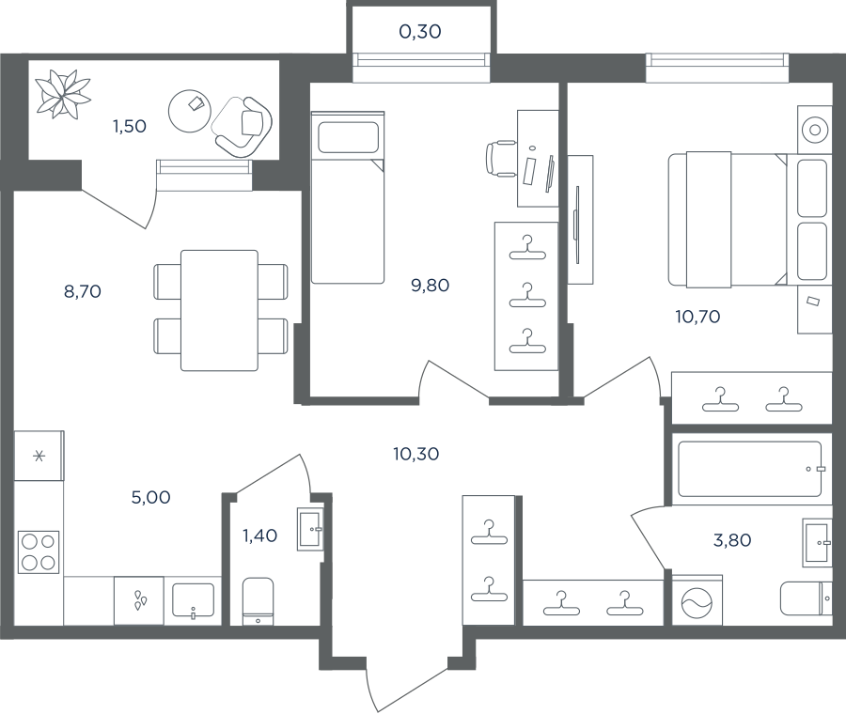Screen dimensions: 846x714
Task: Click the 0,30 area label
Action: point(420,32)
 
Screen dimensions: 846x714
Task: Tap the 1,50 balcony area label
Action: point(130,126)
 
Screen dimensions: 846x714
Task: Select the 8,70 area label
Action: point(83,292)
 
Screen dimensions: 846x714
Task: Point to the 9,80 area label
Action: point(430,286)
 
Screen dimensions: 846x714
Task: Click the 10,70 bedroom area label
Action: point(697,317)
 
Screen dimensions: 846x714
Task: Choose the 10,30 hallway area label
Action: point(416,454)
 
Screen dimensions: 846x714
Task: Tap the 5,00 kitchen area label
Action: point(151,497)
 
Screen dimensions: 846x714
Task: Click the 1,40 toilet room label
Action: point(260,535)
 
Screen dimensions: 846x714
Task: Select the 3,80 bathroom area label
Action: point(732,540)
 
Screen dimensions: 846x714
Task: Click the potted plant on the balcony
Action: point(63,94)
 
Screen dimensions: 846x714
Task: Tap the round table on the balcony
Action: point(189,111)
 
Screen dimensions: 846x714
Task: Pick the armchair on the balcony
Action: point(243,126)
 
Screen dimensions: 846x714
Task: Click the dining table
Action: point(220,311)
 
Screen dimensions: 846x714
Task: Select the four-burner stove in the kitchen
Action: point(39,551)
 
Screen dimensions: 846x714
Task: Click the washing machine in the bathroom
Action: point(697,601)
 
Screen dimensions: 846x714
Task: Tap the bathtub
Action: point(750,469)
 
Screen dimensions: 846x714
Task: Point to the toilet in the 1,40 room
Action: point(258,602)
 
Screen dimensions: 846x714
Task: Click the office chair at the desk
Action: point(501,159)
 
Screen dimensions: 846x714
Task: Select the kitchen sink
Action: point(193,600)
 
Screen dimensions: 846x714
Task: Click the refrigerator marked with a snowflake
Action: point(39,457)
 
